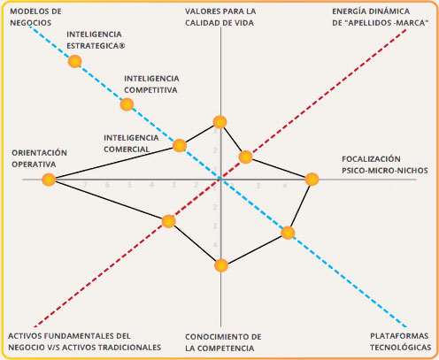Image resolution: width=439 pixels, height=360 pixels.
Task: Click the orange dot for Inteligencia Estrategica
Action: [x=74, y=62]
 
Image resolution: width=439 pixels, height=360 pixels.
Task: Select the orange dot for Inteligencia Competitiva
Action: [x=127, y=104]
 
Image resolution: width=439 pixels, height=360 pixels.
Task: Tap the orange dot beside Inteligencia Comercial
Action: [x=180, y=145]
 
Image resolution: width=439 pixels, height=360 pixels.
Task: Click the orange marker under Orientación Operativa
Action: [x=49, y=180]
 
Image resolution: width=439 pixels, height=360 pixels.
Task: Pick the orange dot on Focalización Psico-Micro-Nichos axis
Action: [x=312, y=180]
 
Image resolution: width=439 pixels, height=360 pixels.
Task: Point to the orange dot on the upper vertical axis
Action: [x=219, y=122]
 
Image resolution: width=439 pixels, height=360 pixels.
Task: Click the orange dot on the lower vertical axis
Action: [x=221, y=265]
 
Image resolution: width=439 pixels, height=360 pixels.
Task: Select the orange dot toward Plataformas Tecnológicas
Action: [x=288, y=233]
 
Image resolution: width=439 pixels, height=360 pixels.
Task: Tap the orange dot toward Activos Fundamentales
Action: [x=169, y=221]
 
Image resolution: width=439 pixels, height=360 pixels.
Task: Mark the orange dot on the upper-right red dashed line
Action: [x=245, y=157]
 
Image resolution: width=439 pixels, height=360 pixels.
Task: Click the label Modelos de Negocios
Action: [x=35, y=17]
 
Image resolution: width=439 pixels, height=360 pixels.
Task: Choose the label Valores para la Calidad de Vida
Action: [x=220, y=17]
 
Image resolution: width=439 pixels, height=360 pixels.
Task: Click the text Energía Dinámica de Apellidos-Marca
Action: [x=381, y=17]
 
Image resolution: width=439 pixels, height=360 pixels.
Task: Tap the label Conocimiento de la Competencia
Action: [x=223, y=342]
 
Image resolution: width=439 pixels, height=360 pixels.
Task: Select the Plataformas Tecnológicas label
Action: [x=401, y=341]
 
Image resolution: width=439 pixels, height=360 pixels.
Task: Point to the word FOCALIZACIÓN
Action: [x=371, y=159]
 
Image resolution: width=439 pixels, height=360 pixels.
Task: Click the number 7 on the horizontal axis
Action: [x=85, y=185]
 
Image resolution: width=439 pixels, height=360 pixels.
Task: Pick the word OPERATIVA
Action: [x=34, y=165]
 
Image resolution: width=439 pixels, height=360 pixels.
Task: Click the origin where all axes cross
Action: [x=220, y=179]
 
